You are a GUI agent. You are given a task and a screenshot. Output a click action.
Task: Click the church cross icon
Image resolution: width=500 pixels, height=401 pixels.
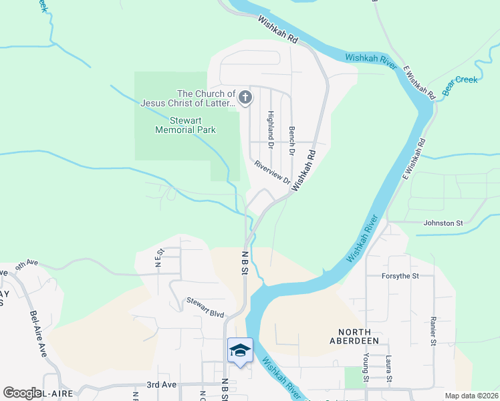[x=245, y=98]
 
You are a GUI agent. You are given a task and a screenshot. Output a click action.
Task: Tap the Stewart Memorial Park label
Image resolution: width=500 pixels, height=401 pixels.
[x=185, y=126]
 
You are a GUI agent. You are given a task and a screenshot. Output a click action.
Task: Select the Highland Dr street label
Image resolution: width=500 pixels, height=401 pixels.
[x=271, y=130]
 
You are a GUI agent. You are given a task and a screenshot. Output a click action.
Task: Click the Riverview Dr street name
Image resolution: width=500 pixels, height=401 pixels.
[x=272, y=172]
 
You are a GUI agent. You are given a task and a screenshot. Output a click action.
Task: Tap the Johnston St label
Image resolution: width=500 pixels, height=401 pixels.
[x=443, y=223]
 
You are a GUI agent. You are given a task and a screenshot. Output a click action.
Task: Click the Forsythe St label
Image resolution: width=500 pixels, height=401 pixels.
[x=400, y=275]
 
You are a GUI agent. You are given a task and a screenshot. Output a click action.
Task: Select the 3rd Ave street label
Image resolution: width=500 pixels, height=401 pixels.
[x=161, y=385]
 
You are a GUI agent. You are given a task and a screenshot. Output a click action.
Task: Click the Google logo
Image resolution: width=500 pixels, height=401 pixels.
[x=22, y=393]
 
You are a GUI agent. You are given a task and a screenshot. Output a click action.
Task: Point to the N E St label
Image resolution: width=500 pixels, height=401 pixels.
[x=159, y=257]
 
